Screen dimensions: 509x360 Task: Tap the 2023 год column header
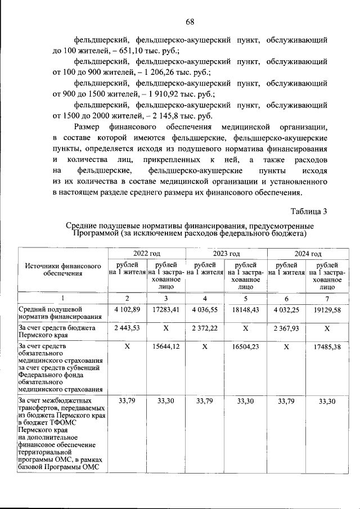click(x=226, y=254)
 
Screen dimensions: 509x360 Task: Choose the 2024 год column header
click(x=308, y=254)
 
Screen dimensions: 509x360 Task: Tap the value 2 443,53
click(x=127, y=328)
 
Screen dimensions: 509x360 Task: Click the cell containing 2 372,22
click(x=205, y=328)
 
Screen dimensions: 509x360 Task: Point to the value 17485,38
click(x=327, y=347)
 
